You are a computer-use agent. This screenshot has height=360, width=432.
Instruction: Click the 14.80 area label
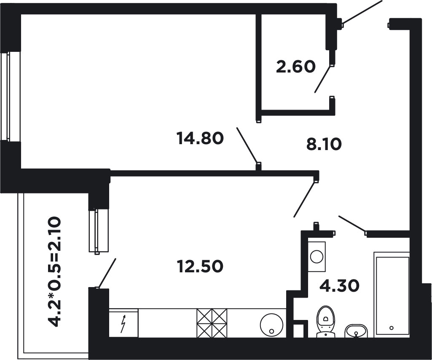[x=200, y=138]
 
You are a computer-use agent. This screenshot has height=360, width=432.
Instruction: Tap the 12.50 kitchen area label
[x=200, y=266]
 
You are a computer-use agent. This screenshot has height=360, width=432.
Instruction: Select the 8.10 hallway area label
[x=324, y=144]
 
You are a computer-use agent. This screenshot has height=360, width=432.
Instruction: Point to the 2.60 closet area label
[x=295, y=67]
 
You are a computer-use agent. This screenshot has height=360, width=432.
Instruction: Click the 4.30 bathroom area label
[x=339, y=285]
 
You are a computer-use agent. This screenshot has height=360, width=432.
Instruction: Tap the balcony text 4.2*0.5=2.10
[x=54, y=271]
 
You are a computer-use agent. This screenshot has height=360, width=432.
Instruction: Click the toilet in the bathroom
[x=326, y=321]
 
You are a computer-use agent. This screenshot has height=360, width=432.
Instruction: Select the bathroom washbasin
[x=356, y=331]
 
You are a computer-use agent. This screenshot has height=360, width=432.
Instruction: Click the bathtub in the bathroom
[x=392, y=294]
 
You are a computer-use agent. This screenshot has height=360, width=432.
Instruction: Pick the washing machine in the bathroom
[x=317, y=256]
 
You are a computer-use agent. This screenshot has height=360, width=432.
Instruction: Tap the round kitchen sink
[x=272, y=325]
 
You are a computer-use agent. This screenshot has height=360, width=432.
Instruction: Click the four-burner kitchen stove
[x=212, y=323]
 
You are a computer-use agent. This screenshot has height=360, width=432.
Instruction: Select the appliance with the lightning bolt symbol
[x=124, y=323]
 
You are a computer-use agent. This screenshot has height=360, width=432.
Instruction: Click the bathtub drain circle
[x=392, y=328]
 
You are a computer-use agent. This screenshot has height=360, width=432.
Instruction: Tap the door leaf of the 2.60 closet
[x=323, y=79]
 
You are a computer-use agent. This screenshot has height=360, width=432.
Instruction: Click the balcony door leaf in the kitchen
[x=107, y=273]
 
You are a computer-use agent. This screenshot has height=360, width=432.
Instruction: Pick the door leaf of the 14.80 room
[x=247, y=145]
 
